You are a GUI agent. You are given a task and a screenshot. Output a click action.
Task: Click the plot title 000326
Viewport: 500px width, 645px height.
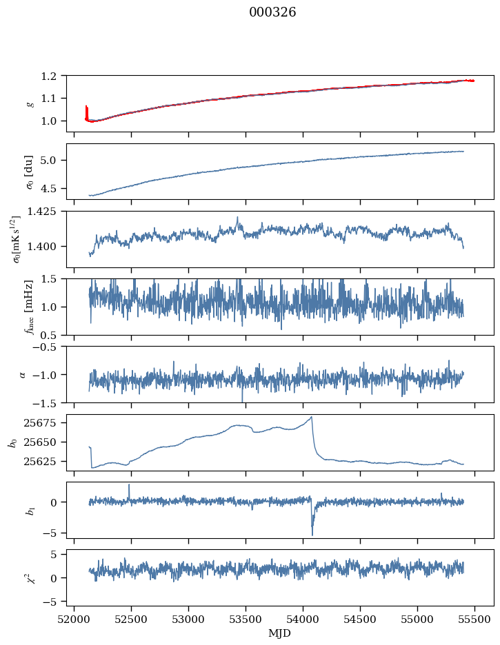[272, 12]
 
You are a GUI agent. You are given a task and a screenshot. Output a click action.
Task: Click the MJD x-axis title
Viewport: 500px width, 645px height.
[280, 633]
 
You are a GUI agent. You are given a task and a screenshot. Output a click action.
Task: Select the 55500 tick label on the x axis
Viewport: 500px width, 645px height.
[474, 619]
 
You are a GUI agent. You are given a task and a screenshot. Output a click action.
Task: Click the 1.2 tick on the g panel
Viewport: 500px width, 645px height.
[53, 76]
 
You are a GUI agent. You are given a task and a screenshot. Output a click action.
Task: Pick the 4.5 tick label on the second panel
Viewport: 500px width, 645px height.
[53, 188]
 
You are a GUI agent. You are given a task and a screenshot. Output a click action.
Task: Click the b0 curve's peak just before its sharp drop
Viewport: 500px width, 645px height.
[312, 417]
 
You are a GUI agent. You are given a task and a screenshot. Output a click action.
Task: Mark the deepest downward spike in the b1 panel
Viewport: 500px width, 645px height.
[312, 535]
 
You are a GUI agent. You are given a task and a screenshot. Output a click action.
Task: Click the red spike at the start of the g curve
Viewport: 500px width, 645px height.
[86, 109]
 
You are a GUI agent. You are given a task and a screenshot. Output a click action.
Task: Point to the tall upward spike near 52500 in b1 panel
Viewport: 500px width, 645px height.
[129, 485]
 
